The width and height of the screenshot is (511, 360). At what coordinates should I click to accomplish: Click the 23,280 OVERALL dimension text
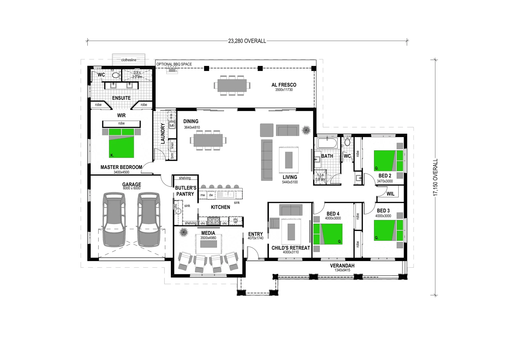click(x=247, y=41)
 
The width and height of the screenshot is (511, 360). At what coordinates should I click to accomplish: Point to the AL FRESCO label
click(x=284, y=85)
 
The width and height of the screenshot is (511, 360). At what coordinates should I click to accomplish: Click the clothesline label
click(x=129, y=60)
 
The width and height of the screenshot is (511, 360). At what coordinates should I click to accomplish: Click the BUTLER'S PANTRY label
click(x=185, y=191)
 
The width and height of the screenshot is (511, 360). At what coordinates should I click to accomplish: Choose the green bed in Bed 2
click(x=388, y=160)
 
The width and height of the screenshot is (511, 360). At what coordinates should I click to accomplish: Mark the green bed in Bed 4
click(x=328, y=234)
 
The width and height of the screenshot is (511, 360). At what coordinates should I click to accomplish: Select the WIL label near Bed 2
click(x=390, y=194)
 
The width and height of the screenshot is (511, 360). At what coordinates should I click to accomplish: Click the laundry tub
click(x=172, y=125)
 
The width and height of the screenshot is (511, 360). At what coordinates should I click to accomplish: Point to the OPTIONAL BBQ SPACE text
click(x=174, y=64)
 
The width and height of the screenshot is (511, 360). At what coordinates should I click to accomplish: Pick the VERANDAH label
click(x=342, y=266)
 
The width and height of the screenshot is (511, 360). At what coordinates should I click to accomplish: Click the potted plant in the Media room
click(x=183, y=232)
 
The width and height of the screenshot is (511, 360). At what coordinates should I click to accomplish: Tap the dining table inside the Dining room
click(x=208, y=140)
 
